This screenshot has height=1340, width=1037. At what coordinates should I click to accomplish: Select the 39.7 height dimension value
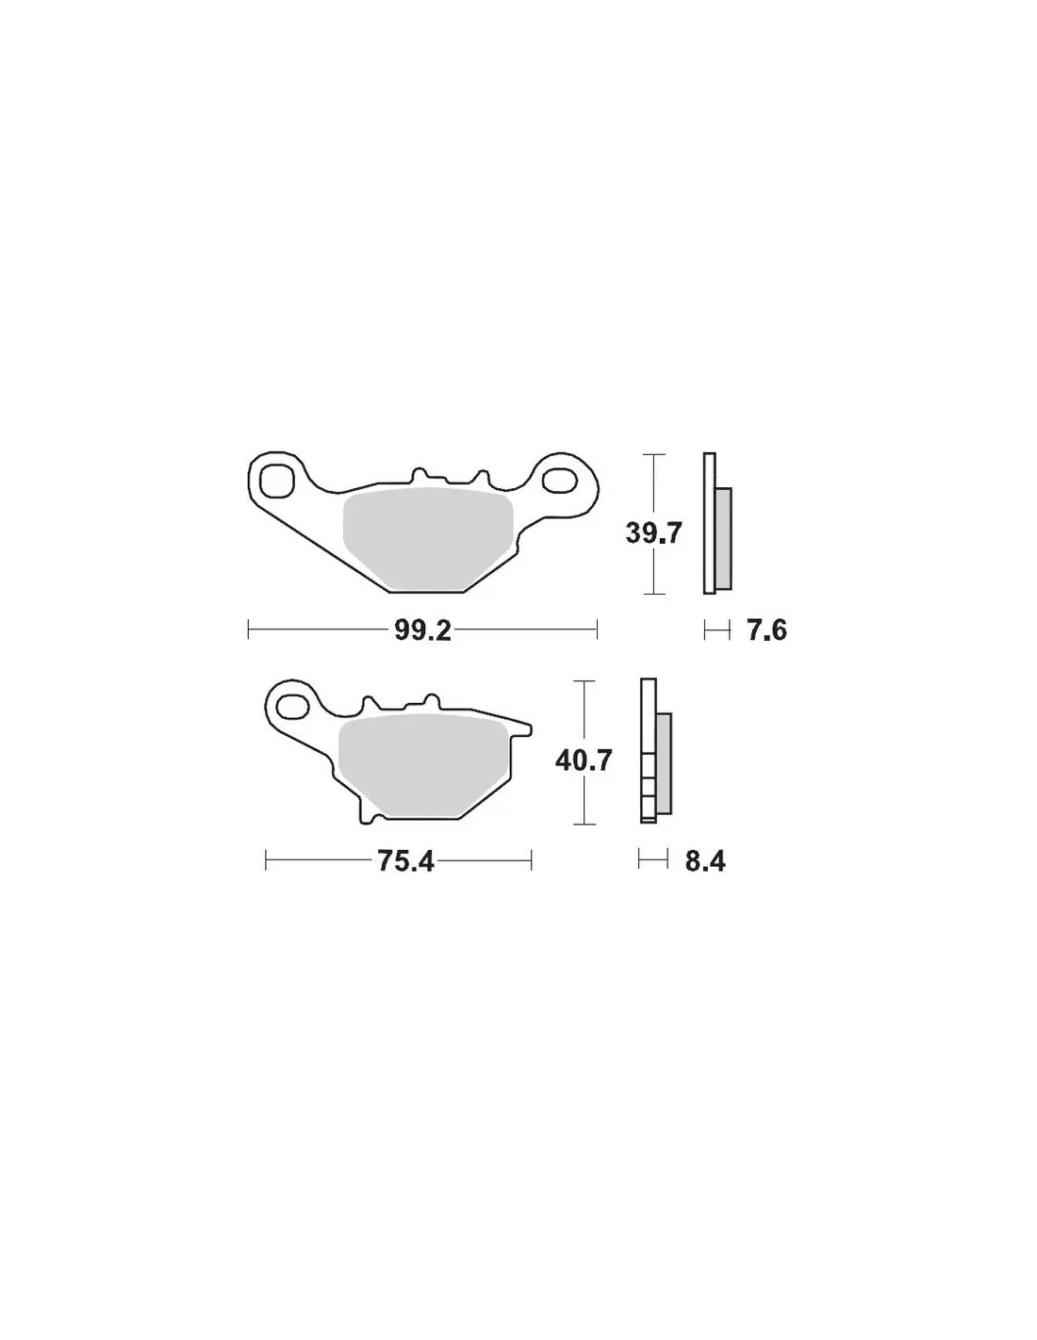pyautogui.click(x=654, y=532)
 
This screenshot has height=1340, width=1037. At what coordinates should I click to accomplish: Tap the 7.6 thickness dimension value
pyautogui.click(x=766, y=630)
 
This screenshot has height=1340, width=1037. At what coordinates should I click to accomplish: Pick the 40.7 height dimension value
pyautogui.click(x=583, y=761)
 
